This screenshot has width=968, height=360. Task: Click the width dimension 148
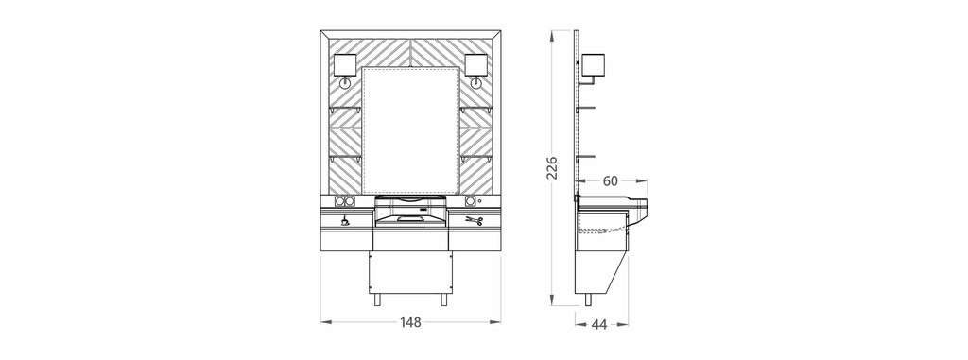click(x=410, y=321)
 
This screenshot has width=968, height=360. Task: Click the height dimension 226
click(x=552, y=167)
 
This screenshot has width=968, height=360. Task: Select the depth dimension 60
click(x=610, y=180)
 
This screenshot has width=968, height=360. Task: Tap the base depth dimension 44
click(x=598, y=324)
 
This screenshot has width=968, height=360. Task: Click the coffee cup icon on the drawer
click(x=345, y=220)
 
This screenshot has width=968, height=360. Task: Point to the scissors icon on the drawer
click(x=474, y=220)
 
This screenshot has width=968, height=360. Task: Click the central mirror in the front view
click(x=410, y=130)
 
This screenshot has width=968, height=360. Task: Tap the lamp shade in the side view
click(x=594, y=64)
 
